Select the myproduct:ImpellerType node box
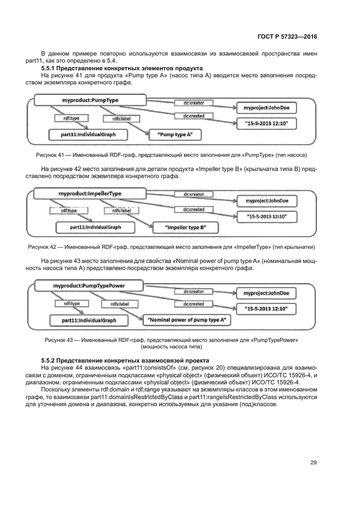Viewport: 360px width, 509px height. coord(90,194)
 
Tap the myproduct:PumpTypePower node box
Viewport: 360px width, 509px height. coord(89,285)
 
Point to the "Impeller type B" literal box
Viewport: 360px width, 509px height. coord(185,226)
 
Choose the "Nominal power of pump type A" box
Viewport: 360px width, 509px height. coord(187,320)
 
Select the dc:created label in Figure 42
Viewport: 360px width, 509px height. coord(193,210)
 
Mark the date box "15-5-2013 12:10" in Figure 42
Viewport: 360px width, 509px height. coord(267,217)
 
